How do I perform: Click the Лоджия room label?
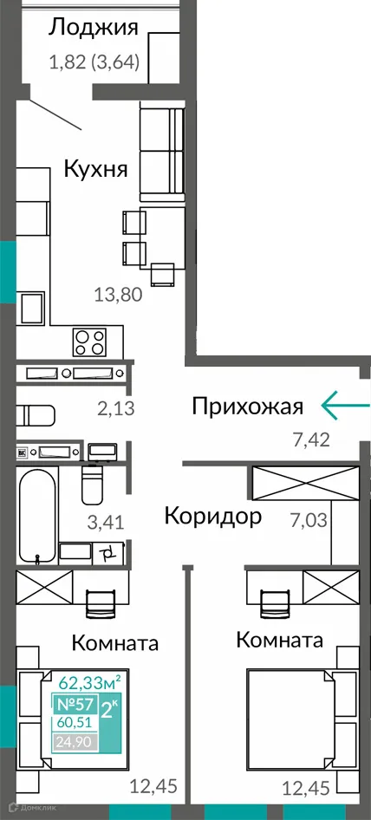point(93,28)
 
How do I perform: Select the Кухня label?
point(95,168)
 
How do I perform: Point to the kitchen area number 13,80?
point(117,293)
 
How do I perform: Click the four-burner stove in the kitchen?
point(89,341)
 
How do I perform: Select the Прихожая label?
point(247,407)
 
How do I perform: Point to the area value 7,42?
point(311,440)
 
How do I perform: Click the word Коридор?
point(213,517)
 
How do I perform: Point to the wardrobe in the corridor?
point(303,482)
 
